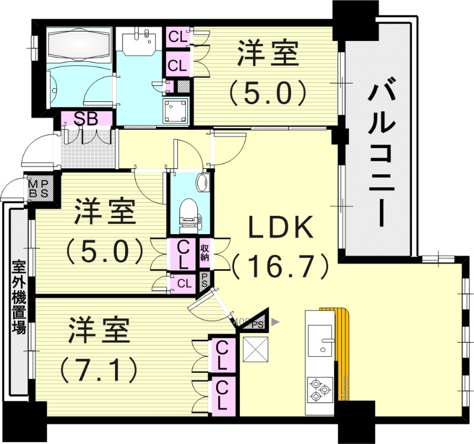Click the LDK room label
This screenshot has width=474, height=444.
pyautogui.click(x=280, y=227)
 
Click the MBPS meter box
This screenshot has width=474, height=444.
pyautogui.click(x=42, y=189)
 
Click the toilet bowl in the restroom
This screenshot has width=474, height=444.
pyautogui.click(x=189, y=213)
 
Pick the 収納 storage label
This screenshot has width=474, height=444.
pyautogui.click(x=205, y=253)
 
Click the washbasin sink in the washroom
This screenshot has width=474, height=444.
pyautogui.click(x=140, y=40)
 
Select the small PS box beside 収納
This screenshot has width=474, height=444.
pyautogui.click(x=205, y=279)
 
